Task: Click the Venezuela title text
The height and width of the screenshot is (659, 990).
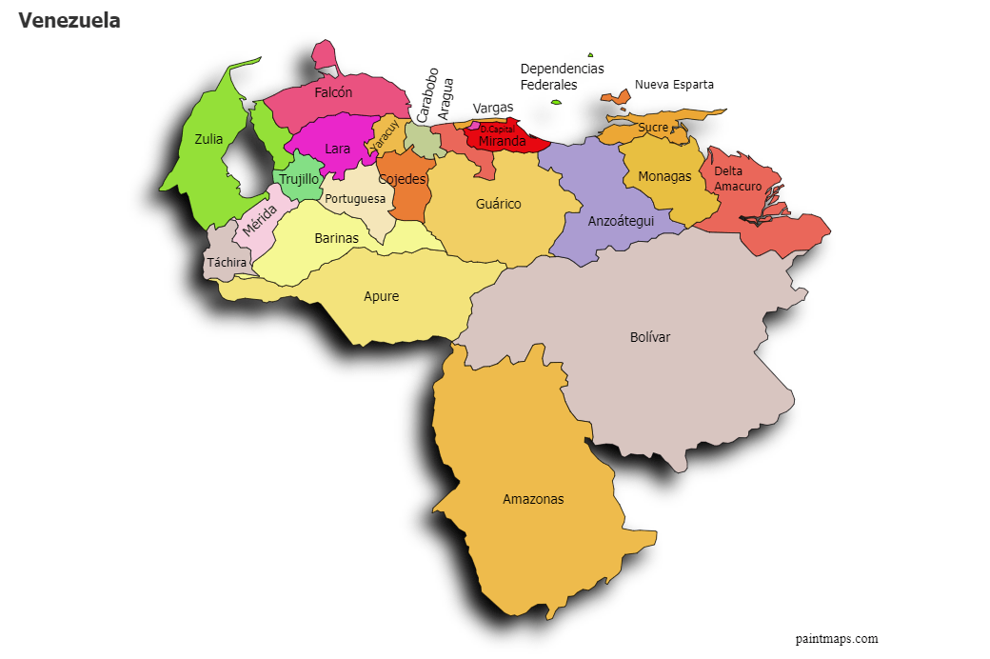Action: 69,21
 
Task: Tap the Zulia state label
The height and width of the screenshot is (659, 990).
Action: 208,139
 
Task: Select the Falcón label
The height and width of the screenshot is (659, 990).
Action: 333,92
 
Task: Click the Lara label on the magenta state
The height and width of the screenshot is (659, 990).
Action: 337,149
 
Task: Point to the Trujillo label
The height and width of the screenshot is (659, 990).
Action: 299,179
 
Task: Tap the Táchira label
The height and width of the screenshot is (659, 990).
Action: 227,262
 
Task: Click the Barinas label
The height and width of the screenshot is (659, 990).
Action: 336,238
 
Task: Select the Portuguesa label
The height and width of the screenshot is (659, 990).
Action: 355,199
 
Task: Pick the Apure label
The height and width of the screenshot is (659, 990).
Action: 381,296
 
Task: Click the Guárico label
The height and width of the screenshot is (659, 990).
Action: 498,204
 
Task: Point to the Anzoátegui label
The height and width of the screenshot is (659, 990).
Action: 621,220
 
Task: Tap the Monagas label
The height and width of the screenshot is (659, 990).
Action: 664,176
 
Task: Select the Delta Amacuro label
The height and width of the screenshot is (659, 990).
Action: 738,179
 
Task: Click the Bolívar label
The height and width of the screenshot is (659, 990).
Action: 650,337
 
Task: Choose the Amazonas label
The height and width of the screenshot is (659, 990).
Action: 533,499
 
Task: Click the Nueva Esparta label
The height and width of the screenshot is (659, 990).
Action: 674,85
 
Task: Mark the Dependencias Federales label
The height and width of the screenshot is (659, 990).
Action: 562,77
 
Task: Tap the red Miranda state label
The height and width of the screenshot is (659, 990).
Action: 502,142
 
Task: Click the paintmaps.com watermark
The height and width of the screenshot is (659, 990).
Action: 837,639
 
